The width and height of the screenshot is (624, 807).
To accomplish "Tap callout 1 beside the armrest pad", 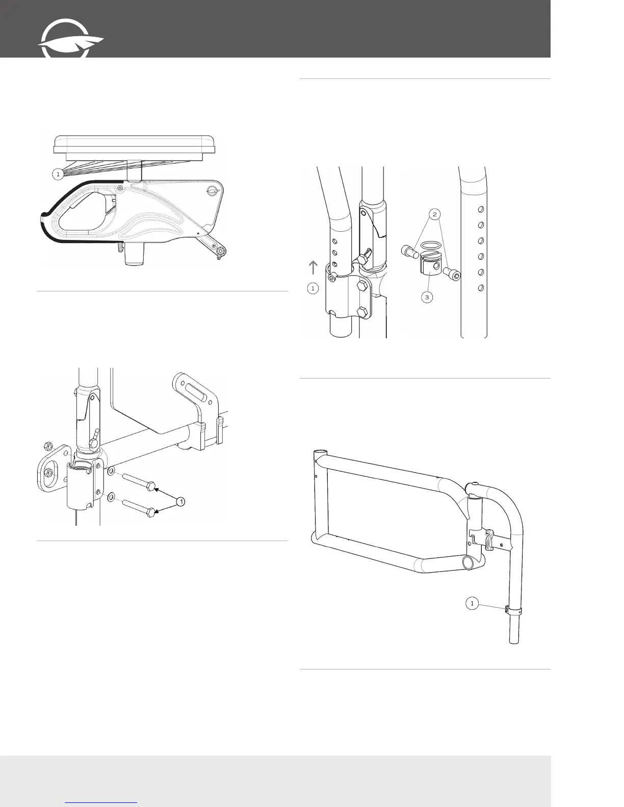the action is click(x=58, y=174).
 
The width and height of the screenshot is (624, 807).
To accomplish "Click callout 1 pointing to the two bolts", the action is click(x=180, y=502).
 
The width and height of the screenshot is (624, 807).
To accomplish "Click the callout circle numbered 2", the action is click(x=434, y=214).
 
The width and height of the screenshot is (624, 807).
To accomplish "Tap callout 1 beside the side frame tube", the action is click(x=472, y=604).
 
